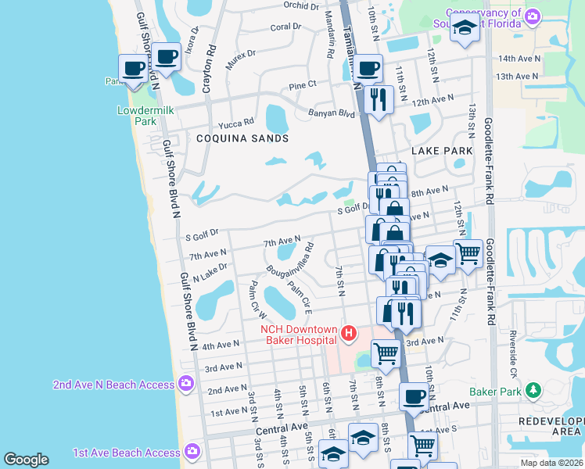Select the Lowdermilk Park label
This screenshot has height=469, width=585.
[x=145, y=116]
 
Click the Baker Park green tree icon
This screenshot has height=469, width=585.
[x=534, y=389]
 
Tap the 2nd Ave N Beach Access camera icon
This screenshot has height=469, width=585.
[x=187, y=382]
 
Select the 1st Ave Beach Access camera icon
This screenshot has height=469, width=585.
[x=192, y=452]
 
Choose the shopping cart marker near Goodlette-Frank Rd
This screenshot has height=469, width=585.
[x=468, y=252]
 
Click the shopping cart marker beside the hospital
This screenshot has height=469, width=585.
[x=386, y=353]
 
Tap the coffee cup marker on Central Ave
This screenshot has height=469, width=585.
[x=414, y=396]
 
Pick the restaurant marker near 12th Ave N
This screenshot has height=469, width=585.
[x=379, y=99]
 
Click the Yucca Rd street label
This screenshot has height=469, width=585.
[x=237, y=122]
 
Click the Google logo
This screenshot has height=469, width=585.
[x=26, y=460]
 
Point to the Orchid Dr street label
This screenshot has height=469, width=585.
[x=302, y=5]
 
